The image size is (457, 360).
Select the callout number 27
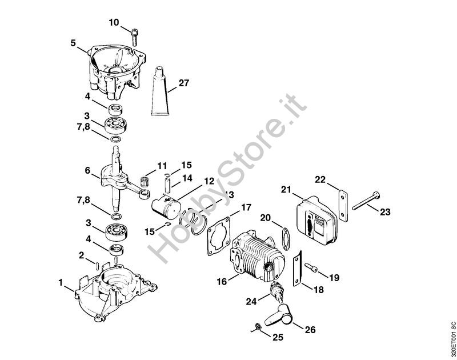(183, 83)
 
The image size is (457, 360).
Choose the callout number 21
(286, 189)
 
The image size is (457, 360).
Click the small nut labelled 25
(257, 327)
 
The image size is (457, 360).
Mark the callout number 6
(87, 170)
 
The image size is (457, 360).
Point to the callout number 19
(334, 278)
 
